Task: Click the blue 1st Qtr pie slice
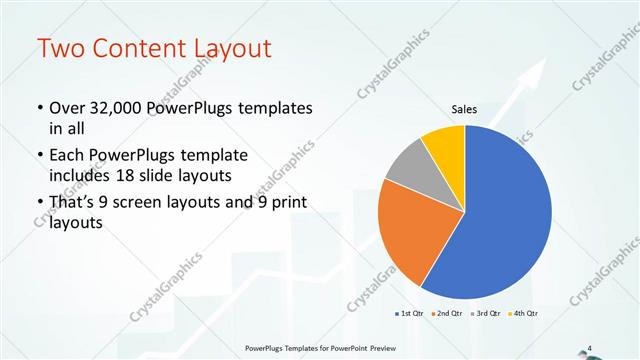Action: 505,215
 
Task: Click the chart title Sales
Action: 464,110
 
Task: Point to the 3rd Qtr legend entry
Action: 485,312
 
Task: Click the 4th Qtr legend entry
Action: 521,312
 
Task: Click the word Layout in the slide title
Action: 226,48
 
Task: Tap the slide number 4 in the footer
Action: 590,347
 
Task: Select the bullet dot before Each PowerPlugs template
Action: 38,156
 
